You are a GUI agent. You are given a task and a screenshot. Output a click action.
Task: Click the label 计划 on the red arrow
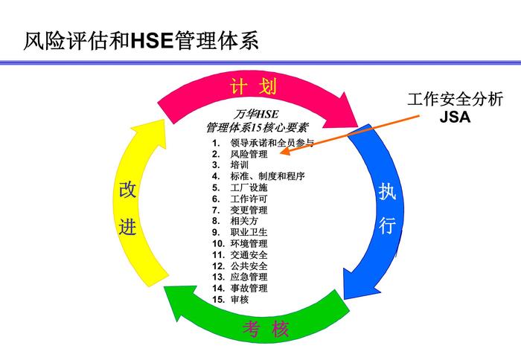click(x=254, y=87)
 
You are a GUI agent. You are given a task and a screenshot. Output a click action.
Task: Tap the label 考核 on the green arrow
click(x=265, y=328)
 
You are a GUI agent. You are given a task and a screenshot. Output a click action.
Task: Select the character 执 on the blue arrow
click(x=388, y=192)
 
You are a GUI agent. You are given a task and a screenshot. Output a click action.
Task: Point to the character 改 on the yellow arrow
click(x=127, y=190)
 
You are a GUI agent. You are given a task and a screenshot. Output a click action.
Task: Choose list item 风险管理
click(x=249, y=154)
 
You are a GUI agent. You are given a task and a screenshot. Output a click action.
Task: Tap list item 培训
click(x=239, y=165)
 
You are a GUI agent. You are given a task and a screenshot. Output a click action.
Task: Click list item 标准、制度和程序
click(x=267, y=176)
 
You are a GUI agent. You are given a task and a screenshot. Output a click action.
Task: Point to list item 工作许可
click(x=249, y=199)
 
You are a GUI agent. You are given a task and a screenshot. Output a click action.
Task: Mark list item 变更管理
click(x=249, y=210)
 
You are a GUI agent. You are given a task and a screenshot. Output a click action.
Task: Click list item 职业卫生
click(x=249, y=232)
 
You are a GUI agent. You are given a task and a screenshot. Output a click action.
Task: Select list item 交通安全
click(x=249, y=254)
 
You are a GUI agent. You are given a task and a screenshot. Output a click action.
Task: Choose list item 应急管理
click(x=249, y=277)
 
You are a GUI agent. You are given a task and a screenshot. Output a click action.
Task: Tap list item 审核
click(x=239, y=299)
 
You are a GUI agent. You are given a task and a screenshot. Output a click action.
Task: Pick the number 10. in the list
click(x=218, y=243)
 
